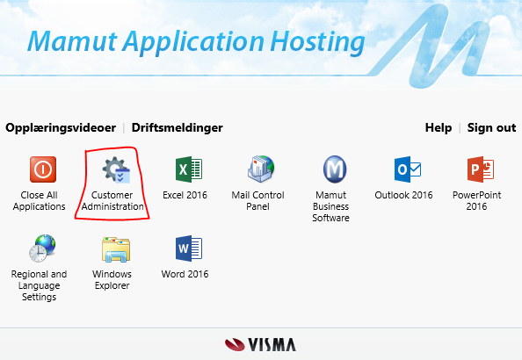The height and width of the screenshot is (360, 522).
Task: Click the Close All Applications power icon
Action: (43, 169)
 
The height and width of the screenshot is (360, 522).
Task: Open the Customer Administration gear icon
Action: (116, 169)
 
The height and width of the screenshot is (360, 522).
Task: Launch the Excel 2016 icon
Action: (189, 169)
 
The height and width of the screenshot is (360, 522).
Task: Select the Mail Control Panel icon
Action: (261, 169)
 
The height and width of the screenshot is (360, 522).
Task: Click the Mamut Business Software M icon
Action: (335, 169)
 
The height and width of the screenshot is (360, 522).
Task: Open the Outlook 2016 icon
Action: (408, 169)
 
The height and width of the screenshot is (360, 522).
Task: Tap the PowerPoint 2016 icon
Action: (481, 169)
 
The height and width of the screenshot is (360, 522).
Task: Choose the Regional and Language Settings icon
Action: (42, 248)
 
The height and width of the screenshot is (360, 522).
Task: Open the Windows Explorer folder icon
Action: (116, 248)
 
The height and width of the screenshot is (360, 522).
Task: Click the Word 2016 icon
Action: (189, 248)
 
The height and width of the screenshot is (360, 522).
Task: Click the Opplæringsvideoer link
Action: (61, 128)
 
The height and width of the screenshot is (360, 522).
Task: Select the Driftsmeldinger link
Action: (178, 128)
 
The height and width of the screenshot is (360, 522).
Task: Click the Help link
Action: (439, 128)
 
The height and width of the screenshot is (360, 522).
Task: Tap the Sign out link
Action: (492, 128)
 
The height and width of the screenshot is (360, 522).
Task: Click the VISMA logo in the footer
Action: (260, 345)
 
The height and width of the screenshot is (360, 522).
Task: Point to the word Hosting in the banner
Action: (317, 42)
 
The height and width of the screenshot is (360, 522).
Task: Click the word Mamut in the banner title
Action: (73, 41)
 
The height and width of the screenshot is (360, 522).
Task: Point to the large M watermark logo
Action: (432, 47)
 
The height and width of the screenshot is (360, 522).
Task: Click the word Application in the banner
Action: (193, 42)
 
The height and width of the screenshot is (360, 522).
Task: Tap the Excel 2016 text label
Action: (185, 195)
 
